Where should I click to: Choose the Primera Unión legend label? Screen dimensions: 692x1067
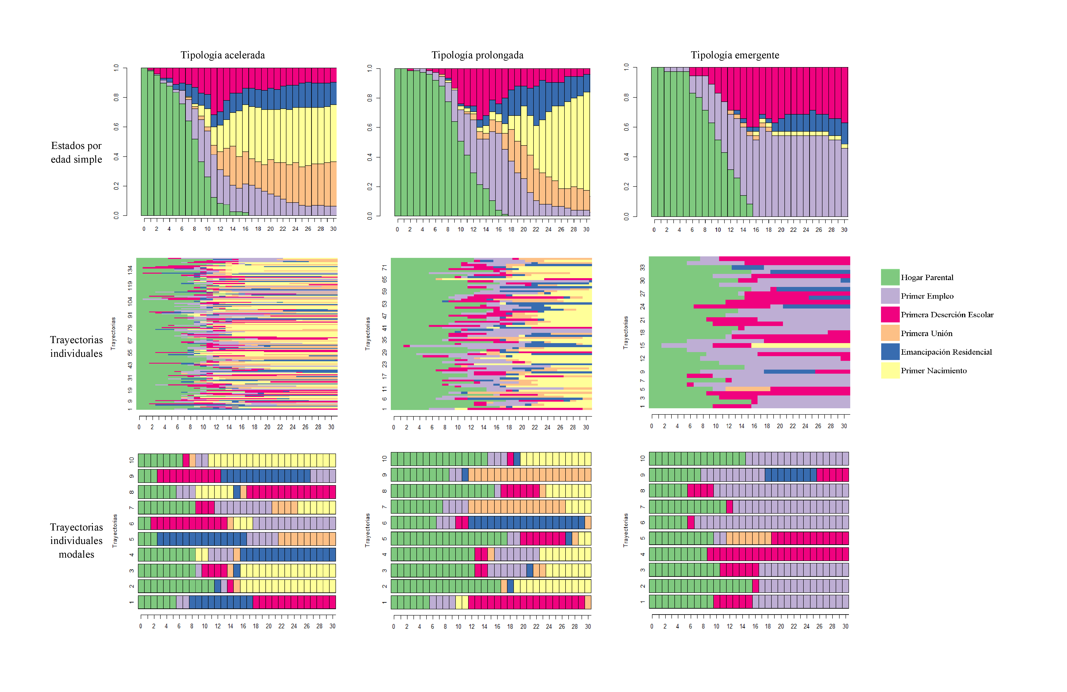(x=926, y=333)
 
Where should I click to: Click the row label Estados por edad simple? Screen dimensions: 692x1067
(x=76, y=153)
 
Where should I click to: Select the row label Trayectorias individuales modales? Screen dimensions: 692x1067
(x=76, y=540)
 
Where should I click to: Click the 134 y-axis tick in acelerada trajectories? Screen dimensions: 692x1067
(x=130, y=270)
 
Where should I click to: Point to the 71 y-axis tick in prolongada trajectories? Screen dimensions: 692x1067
(x=384, y=268)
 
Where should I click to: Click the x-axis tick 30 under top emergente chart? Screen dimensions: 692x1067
(x=844, y=230)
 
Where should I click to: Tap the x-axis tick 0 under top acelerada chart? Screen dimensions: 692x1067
(x=144, y=229)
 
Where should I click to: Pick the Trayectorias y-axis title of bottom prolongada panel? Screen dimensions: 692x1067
(x=368, y=530)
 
